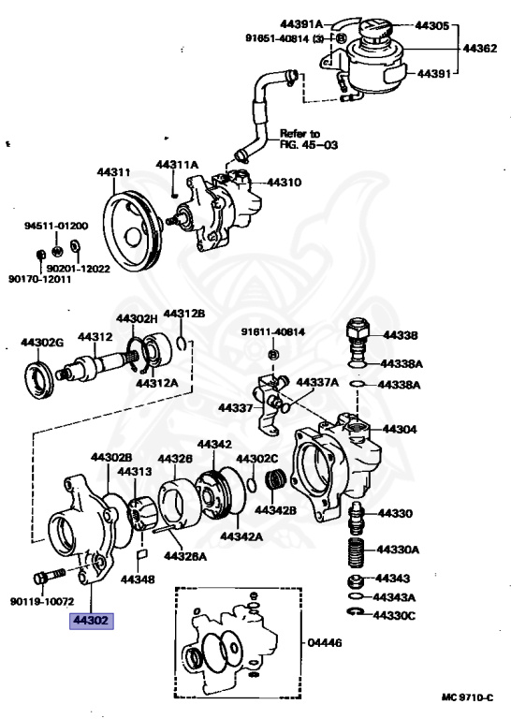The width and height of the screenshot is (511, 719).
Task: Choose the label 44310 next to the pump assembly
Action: (284, 183)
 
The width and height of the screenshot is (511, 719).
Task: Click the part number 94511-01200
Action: (56, 226)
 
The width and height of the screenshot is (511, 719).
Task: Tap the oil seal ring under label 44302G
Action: (41, 380)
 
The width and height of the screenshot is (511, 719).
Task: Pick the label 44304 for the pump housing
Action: (399, 429)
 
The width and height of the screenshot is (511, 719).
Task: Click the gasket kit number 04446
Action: (326, 644)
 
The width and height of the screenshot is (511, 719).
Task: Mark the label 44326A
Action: (184, 555)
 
